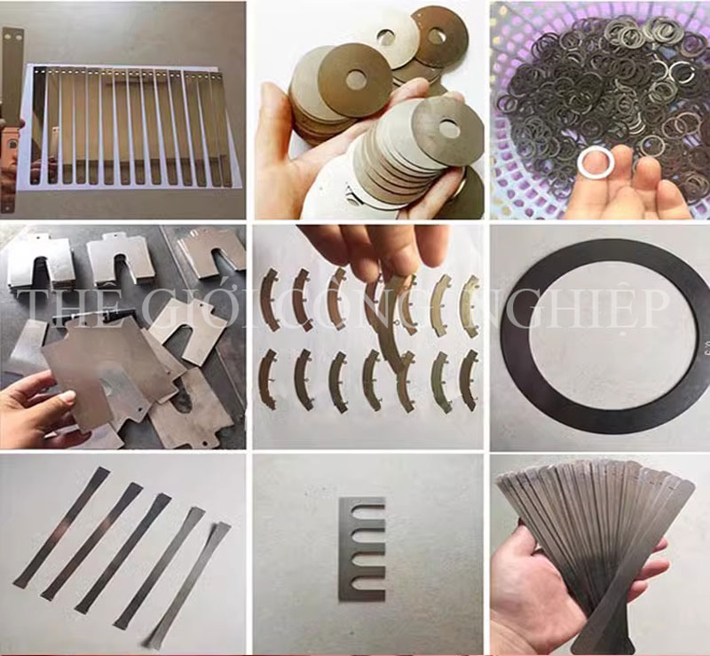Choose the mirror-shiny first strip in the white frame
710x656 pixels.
[x=40, y=127]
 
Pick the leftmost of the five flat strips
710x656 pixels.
[x=62, y=527]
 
